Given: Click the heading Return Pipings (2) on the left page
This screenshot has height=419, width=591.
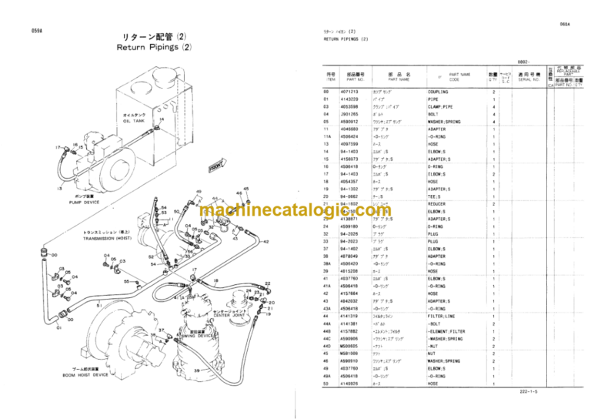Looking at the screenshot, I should tap(153, 47).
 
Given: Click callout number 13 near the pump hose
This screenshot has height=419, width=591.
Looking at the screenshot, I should tap(59, 187).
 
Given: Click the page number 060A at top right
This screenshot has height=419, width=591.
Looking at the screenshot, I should tap(564, 24).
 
